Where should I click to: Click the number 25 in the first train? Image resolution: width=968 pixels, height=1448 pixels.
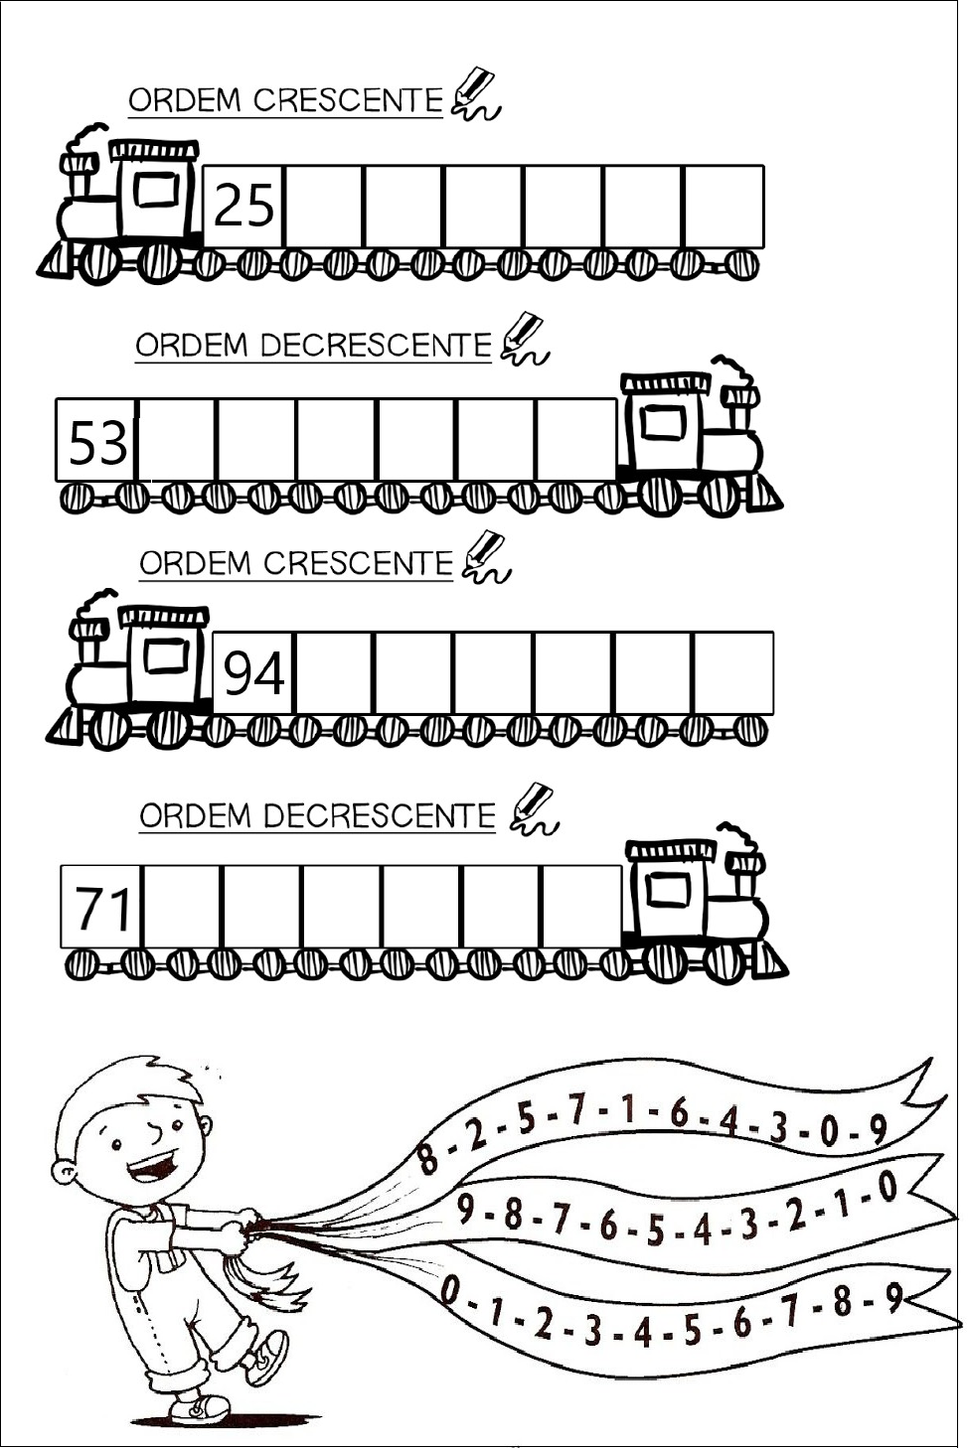point(243,206)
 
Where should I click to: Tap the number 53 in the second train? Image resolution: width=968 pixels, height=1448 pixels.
point(97,442)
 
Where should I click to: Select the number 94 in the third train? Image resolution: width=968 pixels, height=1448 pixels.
point(254,673)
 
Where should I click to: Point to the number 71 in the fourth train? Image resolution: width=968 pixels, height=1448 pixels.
point(102,908)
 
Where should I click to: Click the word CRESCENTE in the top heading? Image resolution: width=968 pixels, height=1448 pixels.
point(348,100)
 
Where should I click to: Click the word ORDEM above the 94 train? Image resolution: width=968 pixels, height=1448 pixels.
point(195,564)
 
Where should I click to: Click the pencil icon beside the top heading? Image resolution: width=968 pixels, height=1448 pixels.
point(475,93)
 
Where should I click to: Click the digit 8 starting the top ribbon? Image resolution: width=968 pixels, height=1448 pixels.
point(428,1158)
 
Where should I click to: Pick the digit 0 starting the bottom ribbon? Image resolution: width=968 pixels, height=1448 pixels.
point(451,1291)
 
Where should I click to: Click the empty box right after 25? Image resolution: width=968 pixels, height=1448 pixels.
point(324,206)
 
